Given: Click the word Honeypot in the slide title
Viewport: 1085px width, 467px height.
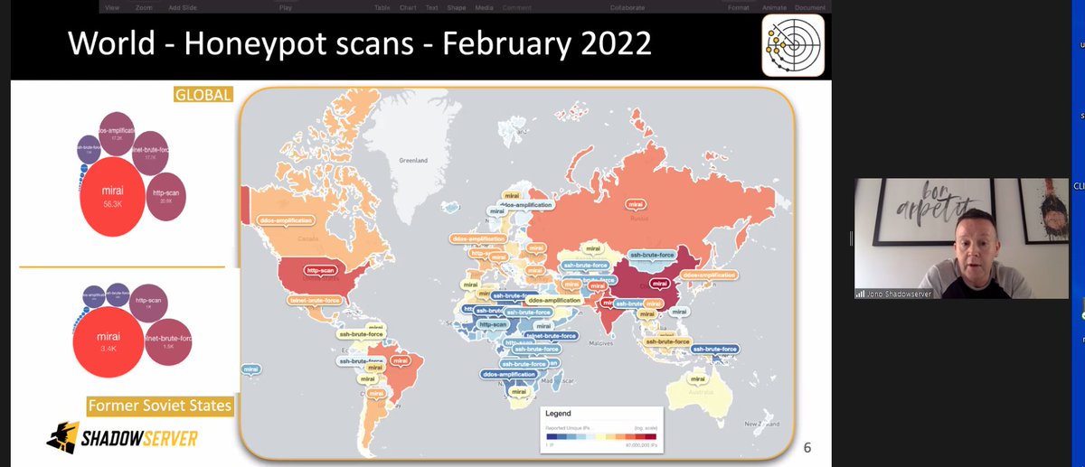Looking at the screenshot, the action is [x=240, y=42].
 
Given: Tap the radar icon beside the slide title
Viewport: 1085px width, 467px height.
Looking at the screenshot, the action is [x=793, y=44].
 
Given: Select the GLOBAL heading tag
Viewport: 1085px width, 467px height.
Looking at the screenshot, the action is [x=204, y=94].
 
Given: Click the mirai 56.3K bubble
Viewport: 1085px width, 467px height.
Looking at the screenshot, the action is [x=112, y=196].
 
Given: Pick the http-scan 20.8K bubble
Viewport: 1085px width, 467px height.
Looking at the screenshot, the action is [x=165, y=195].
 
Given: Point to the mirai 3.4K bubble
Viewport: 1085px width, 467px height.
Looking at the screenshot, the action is [x=108, y=342].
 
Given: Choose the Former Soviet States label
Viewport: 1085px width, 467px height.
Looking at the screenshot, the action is [x=159, y=406].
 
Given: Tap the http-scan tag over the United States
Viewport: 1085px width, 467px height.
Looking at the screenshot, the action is [x=321, y=269].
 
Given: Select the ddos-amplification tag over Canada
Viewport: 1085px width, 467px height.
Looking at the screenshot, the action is [x=286, y=219].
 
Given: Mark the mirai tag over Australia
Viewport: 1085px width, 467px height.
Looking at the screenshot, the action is [x=693, y=369].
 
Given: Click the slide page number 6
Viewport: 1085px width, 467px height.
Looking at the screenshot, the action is [x=807, y=446].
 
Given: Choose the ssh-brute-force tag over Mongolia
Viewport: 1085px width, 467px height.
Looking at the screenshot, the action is [x=651, y=255].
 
